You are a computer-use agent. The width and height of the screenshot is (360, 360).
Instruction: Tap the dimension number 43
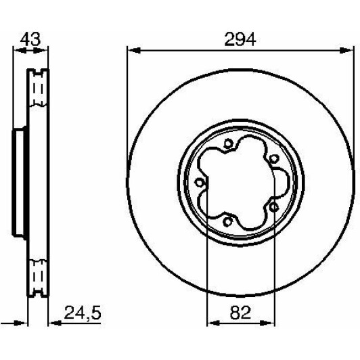coord(30,39)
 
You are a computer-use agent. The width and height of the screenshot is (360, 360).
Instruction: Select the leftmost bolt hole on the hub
coord(198,183)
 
